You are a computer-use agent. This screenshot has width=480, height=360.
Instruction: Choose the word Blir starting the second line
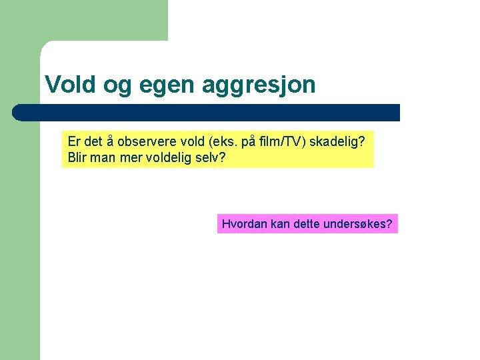[x=79, y=159]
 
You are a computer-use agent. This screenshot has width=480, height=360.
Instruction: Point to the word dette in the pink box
[x=306, y=224]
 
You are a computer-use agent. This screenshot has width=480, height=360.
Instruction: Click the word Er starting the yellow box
[x=75, y=143]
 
